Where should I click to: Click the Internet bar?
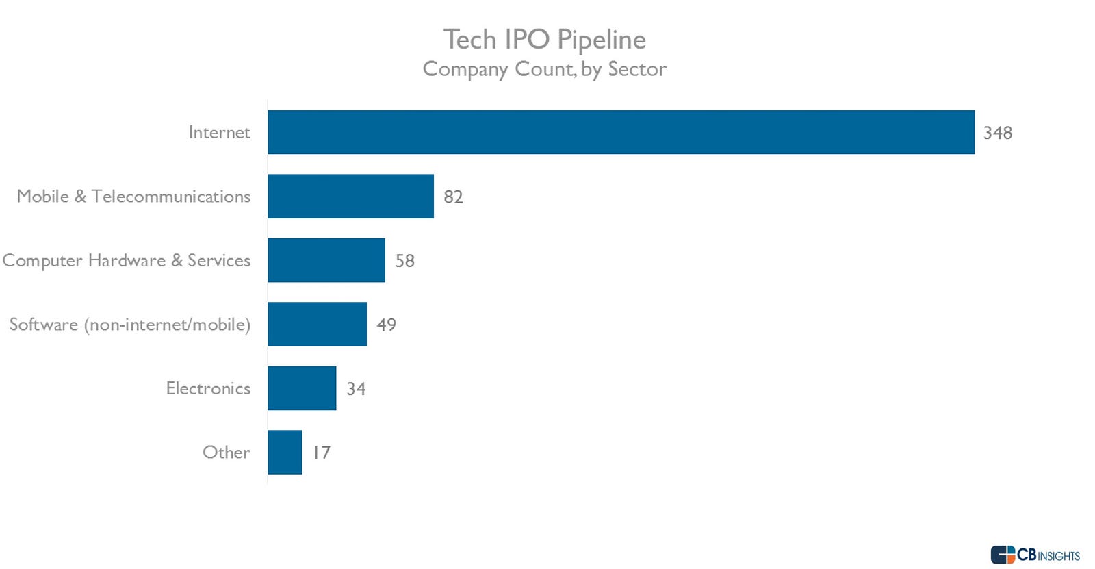click(621, 132)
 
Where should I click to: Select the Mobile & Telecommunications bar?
click(350, 196)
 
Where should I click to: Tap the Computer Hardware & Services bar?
click(326, 260)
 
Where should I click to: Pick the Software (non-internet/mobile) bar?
click(317, 324)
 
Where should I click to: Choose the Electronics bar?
click(302, 388)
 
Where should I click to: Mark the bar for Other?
click(285, 452)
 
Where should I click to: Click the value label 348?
click(997, 133)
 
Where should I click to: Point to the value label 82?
click(453, 197)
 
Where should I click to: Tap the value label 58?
click(404, 261)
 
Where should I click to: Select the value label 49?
click(386, 325)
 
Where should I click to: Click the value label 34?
click(356, 389)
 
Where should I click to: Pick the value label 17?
click(321, 453)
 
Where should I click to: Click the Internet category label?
click(219, 132)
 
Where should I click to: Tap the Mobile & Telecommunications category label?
click(133, 197)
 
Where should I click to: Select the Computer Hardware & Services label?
click(127, 260)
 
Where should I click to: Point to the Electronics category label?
click(208, 388)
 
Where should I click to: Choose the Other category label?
click(226, 452)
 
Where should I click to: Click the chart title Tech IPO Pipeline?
click(544, 40)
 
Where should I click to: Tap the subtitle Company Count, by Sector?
click(544, 69)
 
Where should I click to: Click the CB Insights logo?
click(1035, 555)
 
